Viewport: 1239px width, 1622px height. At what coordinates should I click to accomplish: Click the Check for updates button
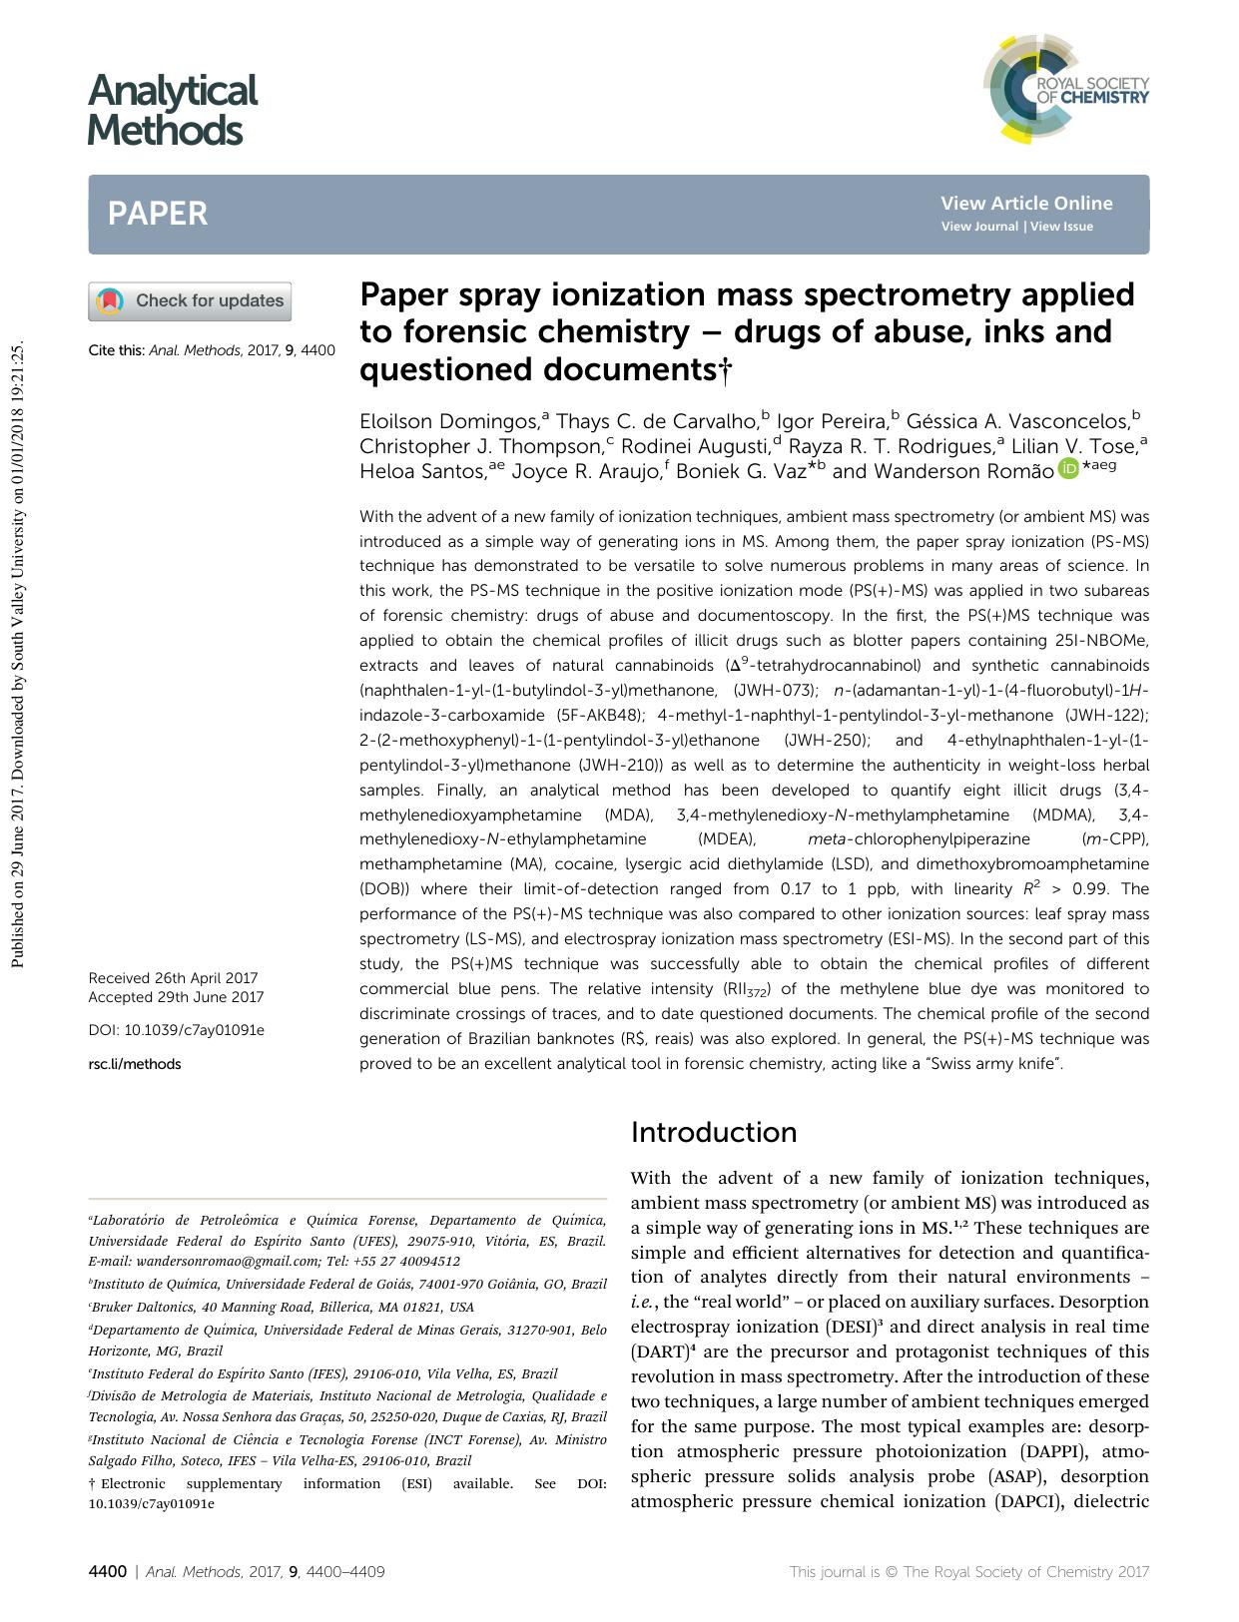pyautogui.click(x=191, y=301)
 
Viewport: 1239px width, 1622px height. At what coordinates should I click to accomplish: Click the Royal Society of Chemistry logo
pyautogui.click(x=1065, y=87)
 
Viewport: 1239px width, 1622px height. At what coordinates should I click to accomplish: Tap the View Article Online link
pyautogui.click(x=1025, y=204)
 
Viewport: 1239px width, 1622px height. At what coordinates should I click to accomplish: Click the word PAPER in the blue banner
pyautogui.click(x=158, y=214)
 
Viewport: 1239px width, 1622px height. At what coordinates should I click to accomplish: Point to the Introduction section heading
pyautogui.click(x=714, y=1132)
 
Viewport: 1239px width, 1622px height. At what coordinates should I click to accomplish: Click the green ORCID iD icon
pyautogui.click(x=1068, y=468)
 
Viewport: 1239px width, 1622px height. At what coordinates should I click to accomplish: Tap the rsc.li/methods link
pyautogui.click(x=135, y=1064)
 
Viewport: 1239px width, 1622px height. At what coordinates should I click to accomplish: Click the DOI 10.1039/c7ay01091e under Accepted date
pyautogui.click(x=177, y=1030)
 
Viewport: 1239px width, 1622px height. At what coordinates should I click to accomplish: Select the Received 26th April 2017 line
pyautogui.click(x=173, y=978)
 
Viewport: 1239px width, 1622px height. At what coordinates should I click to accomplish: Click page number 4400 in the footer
pyautogui.click(x=108, y=1572)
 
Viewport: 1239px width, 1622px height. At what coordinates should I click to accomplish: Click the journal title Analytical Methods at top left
pyautogui.click(x=172, y=110)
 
